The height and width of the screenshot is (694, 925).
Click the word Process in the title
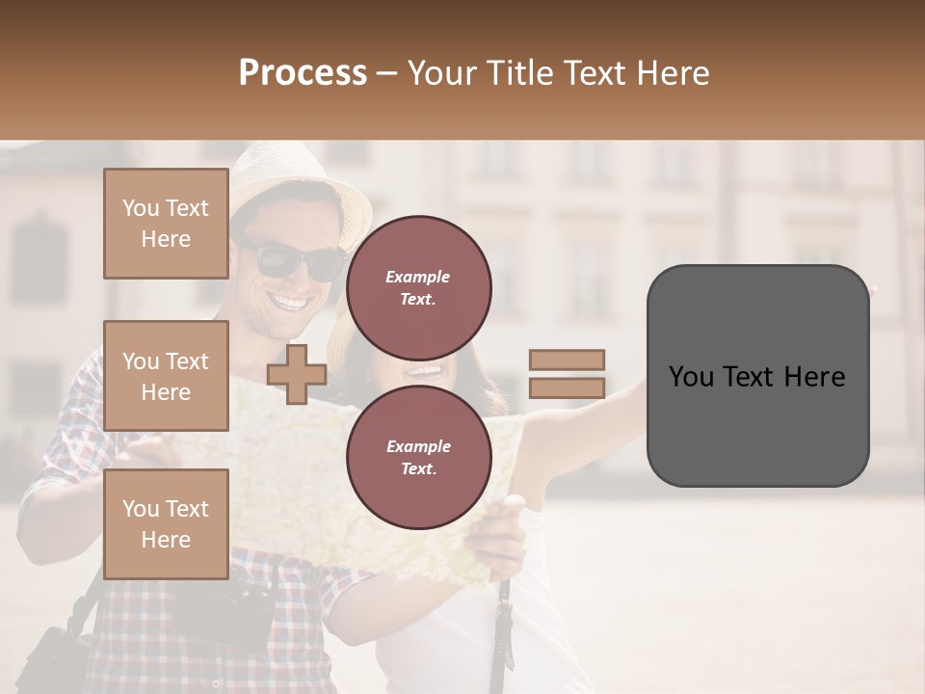click(x=303, y=73)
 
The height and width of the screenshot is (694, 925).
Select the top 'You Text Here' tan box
click(x=166, y=224)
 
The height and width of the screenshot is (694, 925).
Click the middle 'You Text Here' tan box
click(x=166, y=376)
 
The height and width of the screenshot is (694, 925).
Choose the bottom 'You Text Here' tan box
click(x=166, y=523)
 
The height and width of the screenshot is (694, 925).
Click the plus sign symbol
click(x=297, y=374)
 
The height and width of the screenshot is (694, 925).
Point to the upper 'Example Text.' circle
click(x=418, y=287)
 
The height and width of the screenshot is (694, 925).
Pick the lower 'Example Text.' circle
click(x=418, y=457)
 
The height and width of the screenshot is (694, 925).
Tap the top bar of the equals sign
click(x=567, y=360)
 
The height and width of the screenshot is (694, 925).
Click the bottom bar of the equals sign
click(x=567, y=387)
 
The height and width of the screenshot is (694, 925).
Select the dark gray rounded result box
click(x=757, y=376)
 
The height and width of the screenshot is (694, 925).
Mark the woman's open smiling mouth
click(x=424, y=370)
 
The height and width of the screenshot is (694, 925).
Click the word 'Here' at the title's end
click(x=671, y=73)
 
